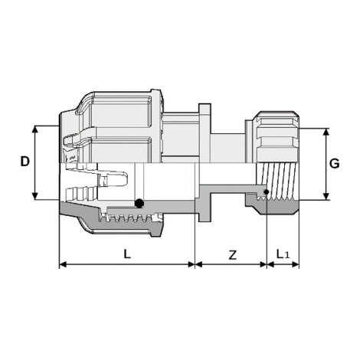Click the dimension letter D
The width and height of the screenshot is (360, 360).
25,162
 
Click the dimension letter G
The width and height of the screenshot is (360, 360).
335,163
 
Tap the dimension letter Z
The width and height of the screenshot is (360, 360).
233,254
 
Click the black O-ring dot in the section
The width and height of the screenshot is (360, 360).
139,204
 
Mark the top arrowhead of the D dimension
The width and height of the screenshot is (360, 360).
36,128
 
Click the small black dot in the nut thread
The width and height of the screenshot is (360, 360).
266,190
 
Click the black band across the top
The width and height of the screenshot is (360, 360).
180,30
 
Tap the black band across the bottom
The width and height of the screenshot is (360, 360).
180,329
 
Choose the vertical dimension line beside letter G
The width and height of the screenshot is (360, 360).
326,163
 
